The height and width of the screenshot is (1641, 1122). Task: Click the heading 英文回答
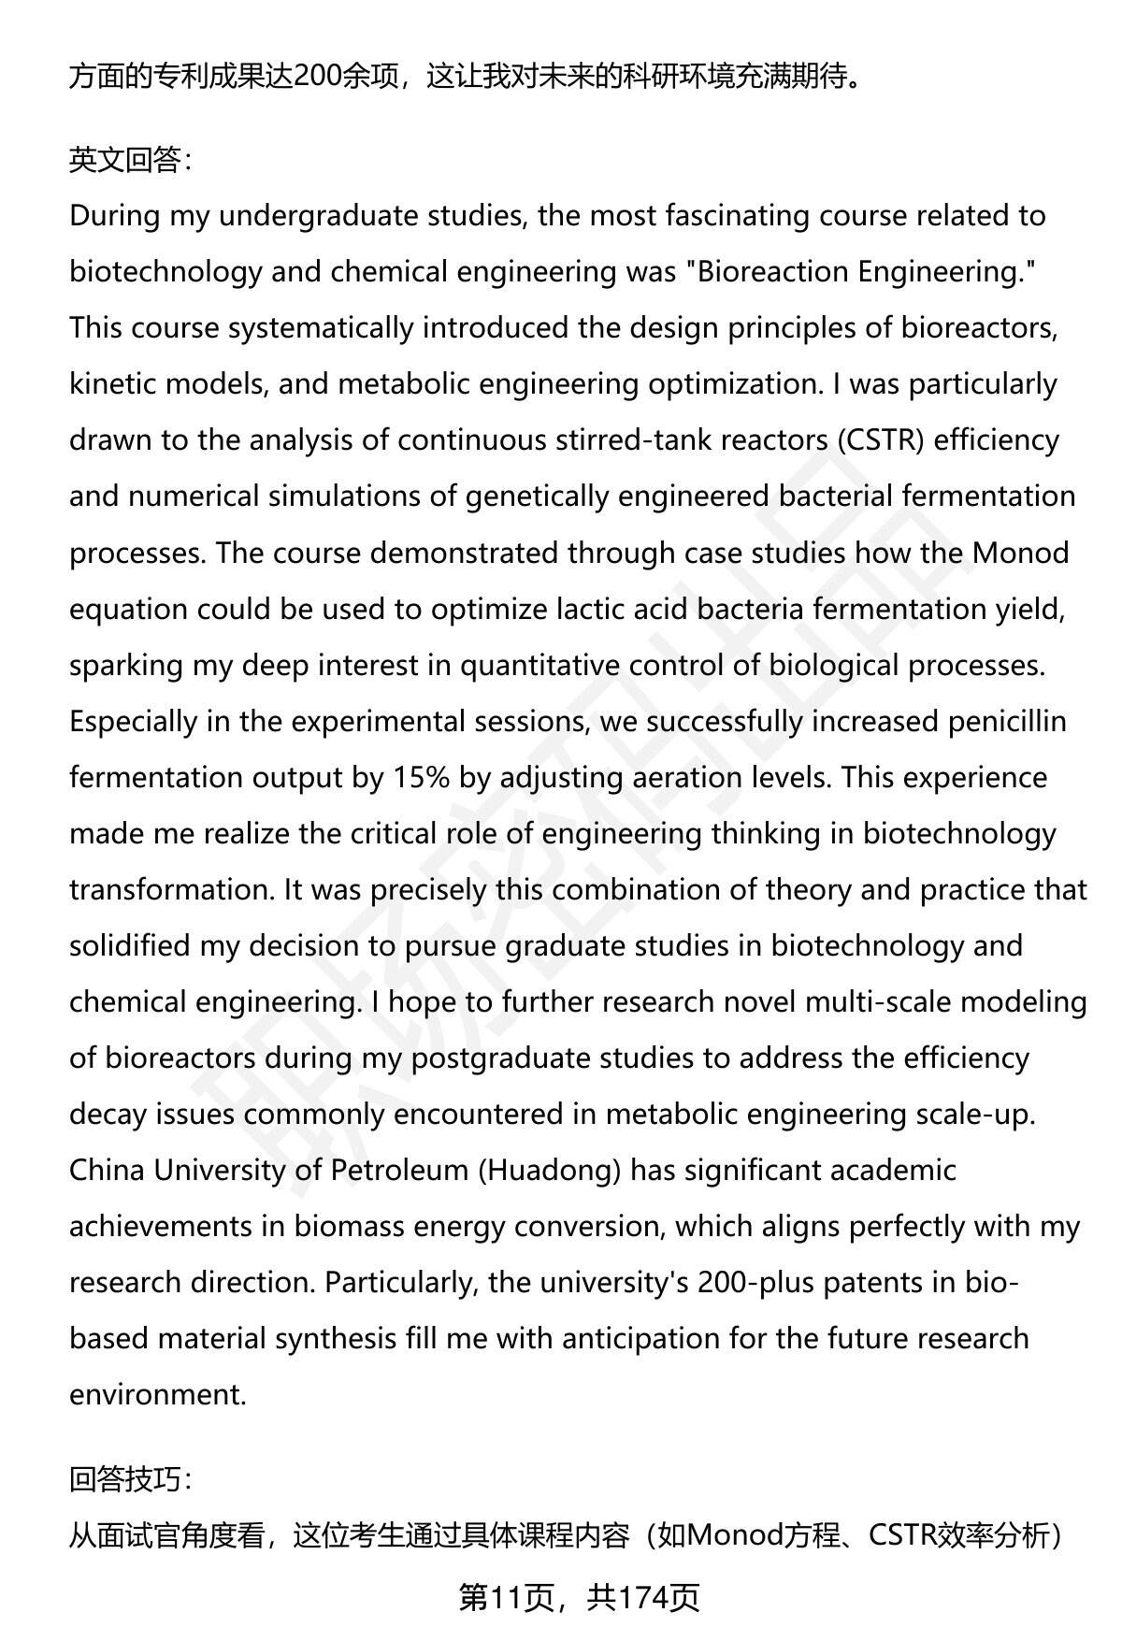click(x=130, y=160)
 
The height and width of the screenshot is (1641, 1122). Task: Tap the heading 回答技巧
click(x=130, y=1478)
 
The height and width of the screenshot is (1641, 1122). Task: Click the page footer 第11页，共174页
click(x=579, y=1598)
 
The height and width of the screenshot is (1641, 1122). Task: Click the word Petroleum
click(x=399, y=1170)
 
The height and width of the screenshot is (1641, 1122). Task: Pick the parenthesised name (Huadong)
click(x=549, y=1170)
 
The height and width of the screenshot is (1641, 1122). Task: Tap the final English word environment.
click(x=157, y=1394)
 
